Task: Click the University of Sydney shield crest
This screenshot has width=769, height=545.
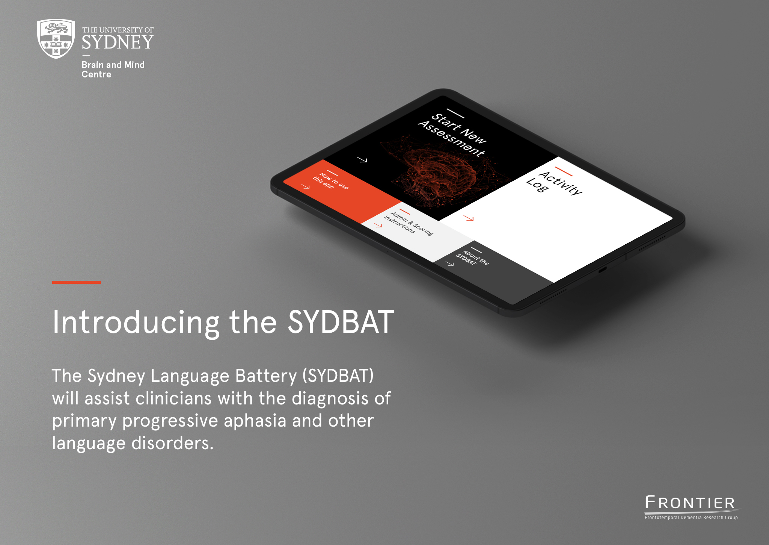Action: (x=56, y=39)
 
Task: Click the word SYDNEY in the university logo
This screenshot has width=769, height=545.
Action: (x=118, y=42)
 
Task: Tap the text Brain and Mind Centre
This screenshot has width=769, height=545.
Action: (x=113, y=70)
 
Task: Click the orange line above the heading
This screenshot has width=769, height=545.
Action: (x=77, y=282)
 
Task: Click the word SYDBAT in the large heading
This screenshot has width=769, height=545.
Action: (x=341, y=322)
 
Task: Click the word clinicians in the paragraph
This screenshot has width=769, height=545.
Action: (x=173, y=398)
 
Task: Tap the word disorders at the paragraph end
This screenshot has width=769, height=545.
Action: (x=172, y=443)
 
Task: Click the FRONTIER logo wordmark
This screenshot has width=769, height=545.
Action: (x=690, y=503)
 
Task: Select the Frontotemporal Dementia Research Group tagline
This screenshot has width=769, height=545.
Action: (x=691, y=518)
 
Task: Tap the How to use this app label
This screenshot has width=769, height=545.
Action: (x=331, y=181)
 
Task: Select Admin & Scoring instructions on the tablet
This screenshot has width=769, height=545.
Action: (x=409, y=223)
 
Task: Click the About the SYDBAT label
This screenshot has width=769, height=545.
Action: (x=472, y=258)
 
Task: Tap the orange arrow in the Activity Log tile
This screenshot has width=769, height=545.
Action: (x=469, y=218)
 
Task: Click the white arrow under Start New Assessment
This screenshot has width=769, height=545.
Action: (x=362, y=160)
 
